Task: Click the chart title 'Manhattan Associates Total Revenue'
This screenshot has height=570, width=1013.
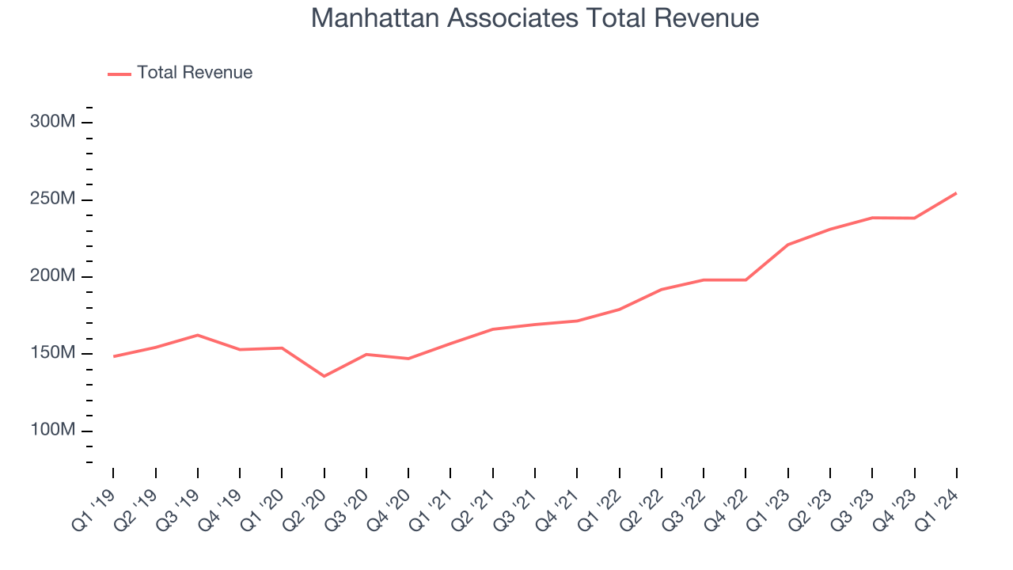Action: (x=535, y=17)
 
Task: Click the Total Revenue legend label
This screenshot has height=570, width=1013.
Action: (x=194, y=73)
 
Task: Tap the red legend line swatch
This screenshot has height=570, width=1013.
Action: (x=119, y=74)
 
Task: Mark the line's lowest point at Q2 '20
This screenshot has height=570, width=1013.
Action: (x=324, y=376)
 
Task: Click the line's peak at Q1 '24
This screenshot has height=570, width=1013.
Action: (x=956, y=193)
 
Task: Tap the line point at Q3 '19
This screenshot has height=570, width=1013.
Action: (x=197, y=335)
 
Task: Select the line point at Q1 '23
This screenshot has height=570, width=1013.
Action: (x=787, y=245)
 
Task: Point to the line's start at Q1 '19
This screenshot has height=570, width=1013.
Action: (x=113, y=356)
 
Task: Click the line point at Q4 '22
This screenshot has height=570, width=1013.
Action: (x=746, y=279)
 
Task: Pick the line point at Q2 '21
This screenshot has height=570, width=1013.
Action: (x=492, y=329)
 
